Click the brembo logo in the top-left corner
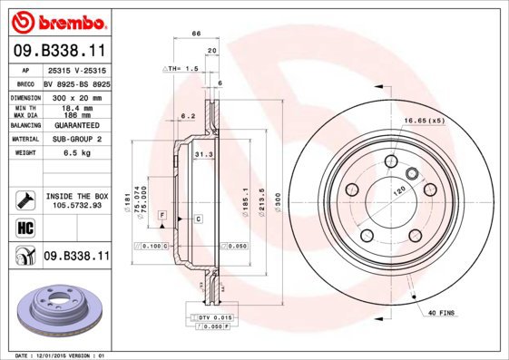pos(56,20)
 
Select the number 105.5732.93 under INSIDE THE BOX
pos(77,205)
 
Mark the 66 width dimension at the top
pos(194,34)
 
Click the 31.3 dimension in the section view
pos(203,155)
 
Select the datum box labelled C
pos(198,220)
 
